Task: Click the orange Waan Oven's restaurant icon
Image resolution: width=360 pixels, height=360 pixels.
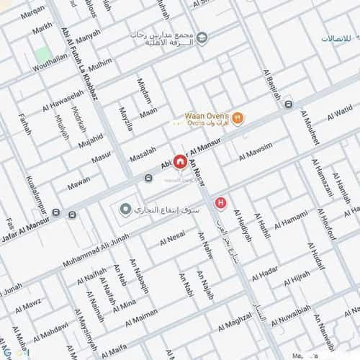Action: (238, 119)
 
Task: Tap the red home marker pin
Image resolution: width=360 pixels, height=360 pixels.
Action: (179, 162)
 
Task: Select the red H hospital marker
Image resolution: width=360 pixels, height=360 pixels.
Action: (221, 204)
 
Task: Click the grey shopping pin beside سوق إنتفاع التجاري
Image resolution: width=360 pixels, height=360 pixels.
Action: (126, 210)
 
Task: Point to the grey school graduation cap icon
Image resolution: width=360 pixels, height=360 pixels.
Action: (204, 37)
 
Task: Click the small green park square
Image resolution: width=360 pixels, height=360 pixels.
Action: (43, 54)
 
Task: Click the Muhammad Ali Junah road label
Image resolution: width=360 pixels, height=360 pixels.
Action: (95, 248)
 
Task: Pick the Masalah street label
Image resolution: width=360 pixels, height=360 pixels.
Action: (143, 158)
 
